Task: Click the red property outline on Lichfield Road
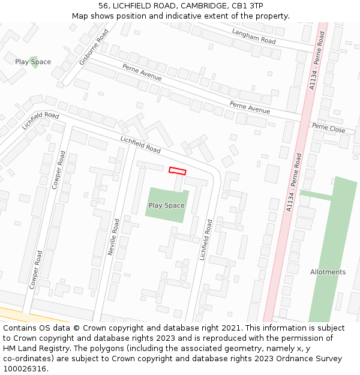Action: click(x=177, y=171)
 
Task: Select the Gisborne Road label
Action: click(x=94, y=47)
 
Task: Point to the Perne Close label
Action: click(x=328, y=128)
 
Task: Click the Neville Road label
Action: click(x=113, y=237)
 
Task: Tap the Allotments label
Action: click(x=328, y=272)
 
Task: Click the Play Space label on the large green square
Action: click(x=166, y=205)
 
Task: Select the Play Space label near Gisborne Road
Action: click(x=33, y=62)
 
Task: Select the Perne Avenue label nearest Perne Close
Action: click(x=250, y=107)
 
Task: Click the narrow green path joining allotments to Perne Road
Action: click(x=317, y=196)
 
